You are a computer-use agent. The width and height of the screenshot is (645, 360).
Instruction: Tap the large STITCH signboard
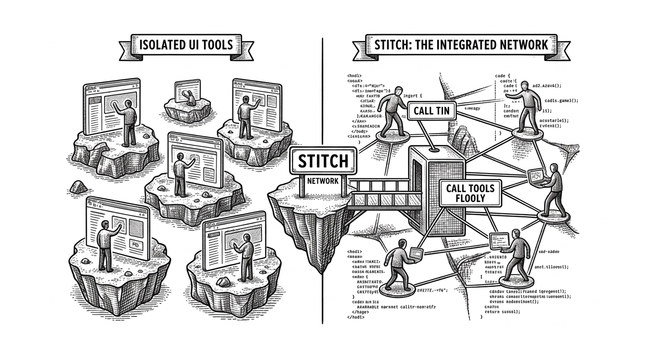point(323,161)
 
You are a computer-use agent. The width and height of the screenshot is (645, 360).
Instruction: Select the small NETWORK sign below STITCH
point(323,181)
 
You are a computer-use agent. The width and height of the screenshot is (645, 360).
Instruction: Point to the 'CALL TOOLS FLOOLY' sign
point(470,193)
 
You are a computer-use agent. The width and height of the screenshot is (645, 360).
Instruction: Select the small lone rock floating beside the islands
point(78,187)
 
